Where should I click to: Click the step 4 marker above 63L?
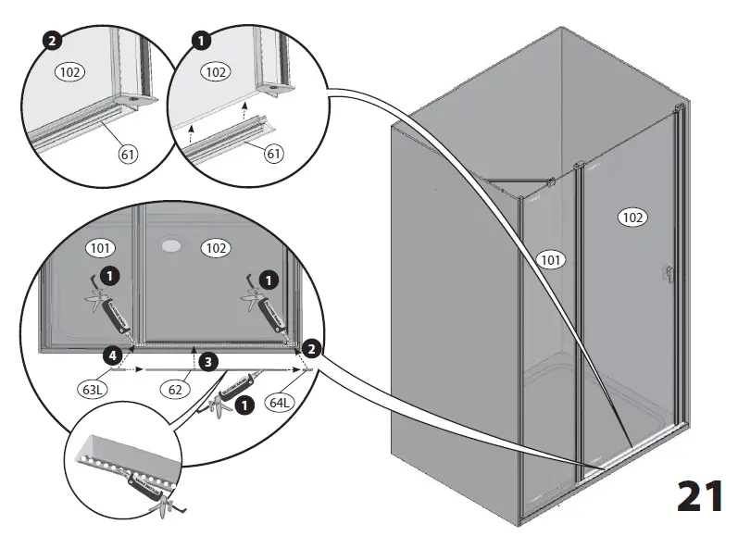(110, 355)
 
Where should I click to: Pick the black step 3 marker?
(210, 361)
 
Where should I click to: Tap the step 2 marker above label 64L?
(312, 348)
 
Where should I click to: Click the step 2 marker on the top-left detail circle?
(52, 41)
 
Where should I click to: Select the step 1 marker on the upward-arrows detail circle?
(199, 41)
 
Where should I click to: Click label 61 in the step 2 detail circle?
(128, 154)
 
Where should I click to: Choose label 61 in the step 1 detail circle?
(273, 154)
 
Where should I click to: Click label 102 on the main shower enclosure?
(632, 218)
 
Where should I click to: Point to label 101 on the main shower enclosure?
(550, 260)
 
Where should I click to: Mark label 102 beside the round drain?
(216, 248)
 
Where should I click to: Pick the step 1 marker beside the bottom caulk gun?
(244, 405)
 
